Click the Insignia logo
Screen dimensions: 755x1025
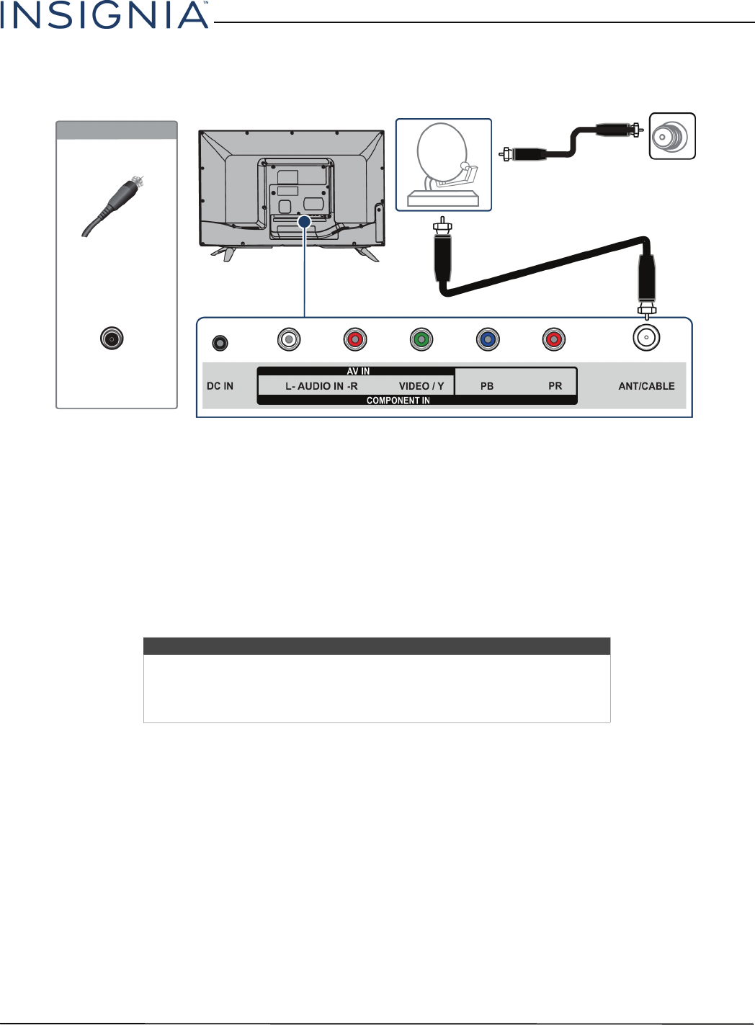point(104,15)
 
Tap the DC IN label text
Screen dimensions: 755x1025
point(220,386)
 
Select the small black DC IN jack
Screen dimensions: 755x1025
point(220,343)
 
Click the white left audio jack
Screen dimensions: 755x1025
point(289,339)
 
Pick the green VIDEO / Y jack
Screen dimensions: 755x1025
point(421,339)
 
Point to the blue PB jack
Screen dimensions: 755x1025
point(488,339)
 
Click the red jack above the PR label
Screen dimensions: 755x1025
point(554,339)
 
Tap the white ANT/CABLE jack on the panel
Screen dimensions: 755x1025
point(647,337)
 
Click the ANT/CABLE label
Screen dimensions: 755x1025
point(646,386)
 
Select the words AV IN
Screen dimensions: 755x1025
point(358,372)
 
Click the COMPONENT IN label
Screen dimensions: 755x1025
point(398,400)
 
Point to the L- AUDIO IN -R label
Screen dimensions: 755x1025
point(321,386)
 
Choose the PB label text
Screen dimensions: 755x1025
point(487,386)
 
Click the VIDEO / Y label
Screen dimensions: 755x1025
point(421,386)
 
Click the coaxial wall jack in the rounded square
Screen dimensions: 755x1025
point(671,136)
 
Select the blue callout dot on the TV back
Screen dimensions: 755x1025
point(305,222)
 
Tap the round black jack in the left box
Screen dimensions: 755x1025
point(112,338)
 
